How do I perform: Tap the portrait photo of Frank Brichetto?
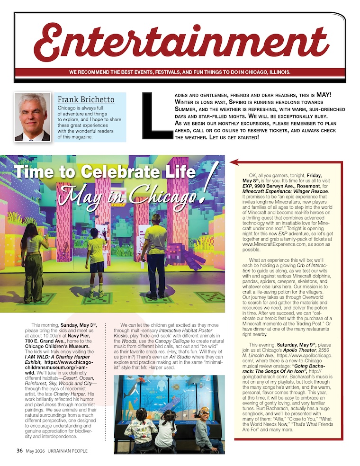pos(32,117)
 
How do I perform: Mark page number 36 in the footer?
pos(19,450)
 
